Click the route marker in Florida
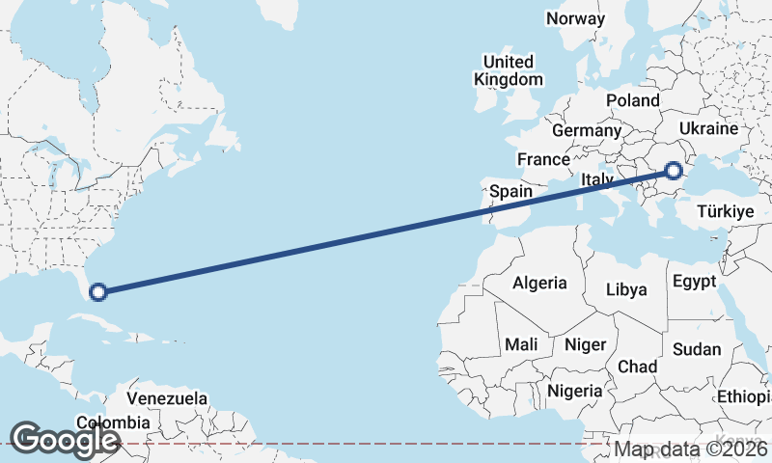tap(97, 290)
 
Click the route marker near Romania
tap(674, 172)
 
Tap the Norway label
tap(575, 18)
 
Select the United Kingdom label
tap(509, 70)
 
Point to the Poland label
tap(632, 100)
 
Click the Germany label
tap(587, 130)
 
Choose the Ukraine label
tap(708, 128)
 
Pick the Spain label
tap(510, 191)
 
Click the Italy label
tap(597, 180)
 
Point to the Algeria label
tap(539, 284)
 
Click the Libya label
tap(626, 289)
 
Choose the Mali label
tap(521, 344)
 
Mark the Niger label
tap(585, 344)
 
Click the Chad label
tap(638, 368)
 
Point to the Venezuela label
tap(168, 397)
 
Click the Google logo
tap(65, 439)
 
